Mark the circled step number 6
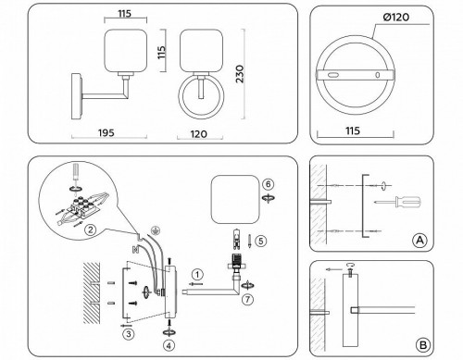(268, 185)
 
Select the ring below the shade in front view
(198, 94)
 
